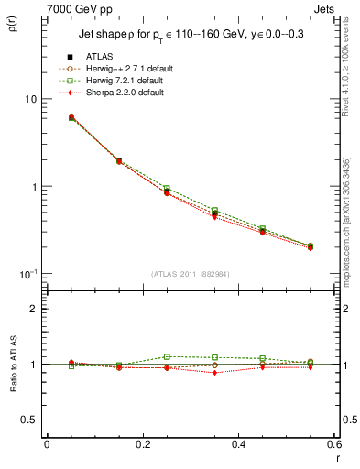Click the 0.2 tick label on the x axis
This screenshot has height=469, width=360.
pyautogui.click(x=142, y=443)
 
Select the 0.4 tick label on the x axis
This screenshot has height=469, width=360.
pyautogui.click(x=238, y=443)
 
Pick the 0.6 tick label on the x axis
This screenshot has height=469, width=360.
pyautogui.click(x=333, y=443)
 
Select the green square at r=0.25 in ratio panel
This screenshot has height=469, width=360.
pyautogui.click(x=167, y=356)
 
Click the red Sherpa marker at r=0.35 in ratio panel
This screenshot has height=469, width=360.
pyautogui.click(x=214, y=373)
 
